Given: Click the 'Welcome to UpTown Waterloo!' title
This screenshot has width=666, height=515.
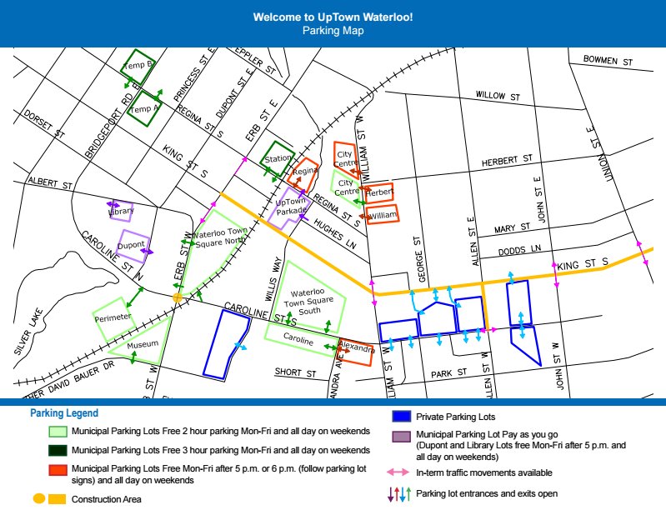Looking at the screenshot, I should coord(333,17).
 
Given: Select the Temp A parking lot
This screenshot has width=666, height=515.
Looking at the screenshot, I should coord(145,108).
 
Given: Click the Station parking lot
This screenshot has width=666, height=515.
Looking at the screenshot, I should coord(278,158).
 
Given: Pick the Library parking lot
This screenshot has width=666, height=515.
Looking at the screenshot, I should coord(121,211).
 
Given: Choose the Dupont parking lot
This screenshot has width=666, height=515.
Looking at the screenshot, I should coord(131,246).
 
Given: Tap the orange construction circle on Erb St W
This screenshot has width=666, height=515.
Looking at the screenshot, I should coord(178,297).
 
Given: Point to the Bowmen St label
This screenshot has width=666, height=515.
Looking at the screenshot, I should coord(608,61).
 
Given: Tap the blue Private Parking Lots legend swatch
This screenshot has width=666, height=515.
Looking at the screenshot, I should coord(402,416).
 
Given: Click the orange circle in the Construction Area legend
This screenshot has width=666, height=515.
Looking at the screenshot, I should coord(38,499).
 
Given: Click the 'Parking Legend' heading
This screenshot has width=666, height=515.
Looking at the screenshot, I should coord(64,413).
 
